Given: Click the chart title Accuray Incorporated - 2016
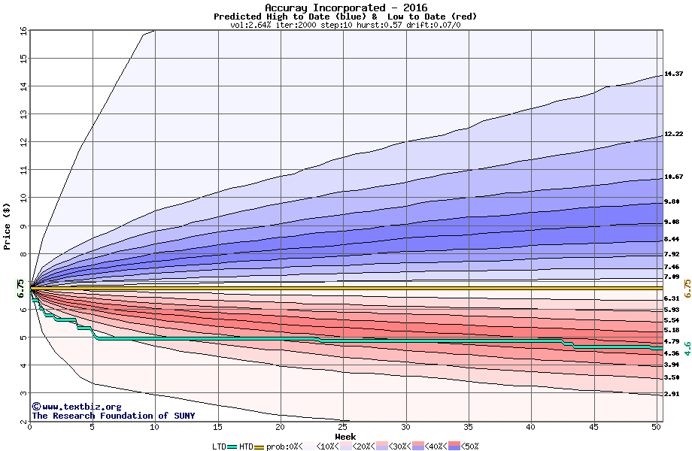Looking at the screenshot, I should click(x=345, y=8).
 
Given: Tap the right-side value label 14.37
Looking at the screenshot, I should click(x=673, y=74).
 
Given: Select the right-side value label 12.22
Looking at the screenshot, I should click(x=673, y=135).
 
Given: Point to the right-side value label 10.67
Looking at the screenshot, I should click(x=673, y=177).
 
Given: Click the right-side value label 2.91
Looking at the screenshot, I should click(x=672, y=393).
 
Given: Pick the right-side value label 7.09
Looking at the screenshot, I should click(x=672, y=277).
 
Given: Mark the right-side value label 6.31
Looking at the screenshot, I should click(x=672, y=298).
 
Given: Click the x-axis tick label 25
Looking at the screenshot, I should click(x=342, y=428).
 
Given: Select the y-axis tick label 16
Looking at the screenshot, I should click(x=23, y=31).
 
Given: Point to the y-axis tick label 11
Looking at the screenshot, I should click(x=23, y=170).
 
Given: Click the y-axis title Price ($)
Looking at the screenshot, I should click(x=8, y=225).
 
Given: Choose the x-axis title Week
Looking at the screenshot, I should click(x=345, y=437).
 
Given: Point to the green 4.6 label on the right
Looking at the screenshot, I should click(x=686, y=348).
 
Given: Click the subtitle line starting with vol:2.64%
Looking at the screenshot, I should click(x=345, y=25).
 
